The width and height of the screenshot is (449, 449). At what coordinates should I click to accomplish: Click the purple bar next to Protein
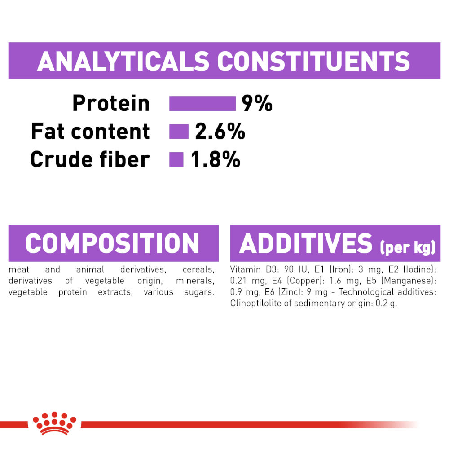[x=202, y=103]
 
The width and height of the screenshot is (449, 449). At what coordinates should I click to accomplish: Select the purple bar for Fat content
[x=179, y=132]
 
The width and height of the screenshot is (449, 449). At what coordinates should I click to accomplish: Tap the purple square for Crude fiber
[x=176, y=159]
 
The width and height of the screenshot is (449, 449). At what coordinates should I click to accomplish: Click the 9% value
[x=257, y=103]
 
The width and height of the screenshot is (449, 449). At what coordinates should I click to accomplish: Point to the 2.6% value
[x=220, y=132]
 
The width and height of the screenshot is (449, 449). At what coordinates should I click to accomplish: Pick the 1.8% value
[x=216, y=159]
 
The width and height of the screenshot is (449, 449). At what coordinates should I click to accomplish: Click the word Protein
[x=111, y=103]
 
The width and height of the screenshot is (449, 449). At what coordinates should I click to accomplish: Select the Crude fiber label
[x=90, y=159]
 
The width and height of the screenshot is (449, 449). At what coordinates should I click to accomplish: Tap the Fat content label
[x=91, y=132]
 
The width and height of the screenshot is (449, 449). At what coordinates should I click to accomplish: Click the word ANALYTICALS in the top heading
[x=123, y=61]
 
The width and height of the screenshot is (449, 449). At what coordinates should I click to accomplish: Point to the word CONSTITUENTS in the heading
[x=313, y=61]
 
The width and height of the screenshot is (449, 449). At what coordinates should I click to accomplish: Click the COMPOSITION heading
[x=112, y=243]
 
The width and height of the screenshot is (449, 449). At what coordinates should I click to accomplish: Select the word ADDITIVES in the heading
[x=305, y=243]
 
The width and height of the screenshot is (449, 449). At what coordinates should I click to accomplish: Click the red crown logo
[x=54, y=423]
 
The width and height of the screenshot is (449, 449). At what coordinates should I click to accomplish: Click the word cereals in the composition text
[x=198, y=269]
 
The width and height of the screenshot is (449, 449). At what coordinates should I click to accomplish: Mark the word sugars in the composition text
[x=199, y=292]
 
